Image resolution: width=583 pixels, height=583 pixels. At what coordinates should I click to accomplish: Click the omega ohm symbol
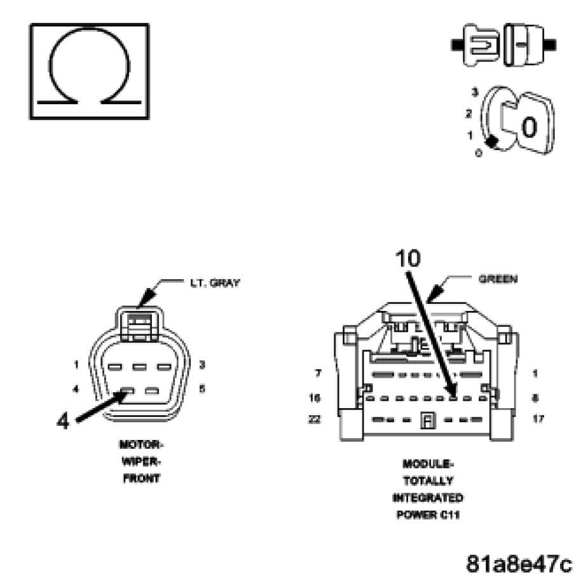[89, 71]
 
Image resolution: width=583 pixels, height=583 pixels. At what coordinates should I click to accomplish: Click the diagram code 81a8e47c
[519, 563]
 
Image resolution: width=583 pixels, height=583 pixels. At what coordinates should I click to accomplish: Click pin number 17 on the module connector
[537, 420]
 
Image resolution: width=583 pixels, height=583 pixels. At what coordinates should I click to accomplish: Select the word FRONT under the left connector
[141, 479]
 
